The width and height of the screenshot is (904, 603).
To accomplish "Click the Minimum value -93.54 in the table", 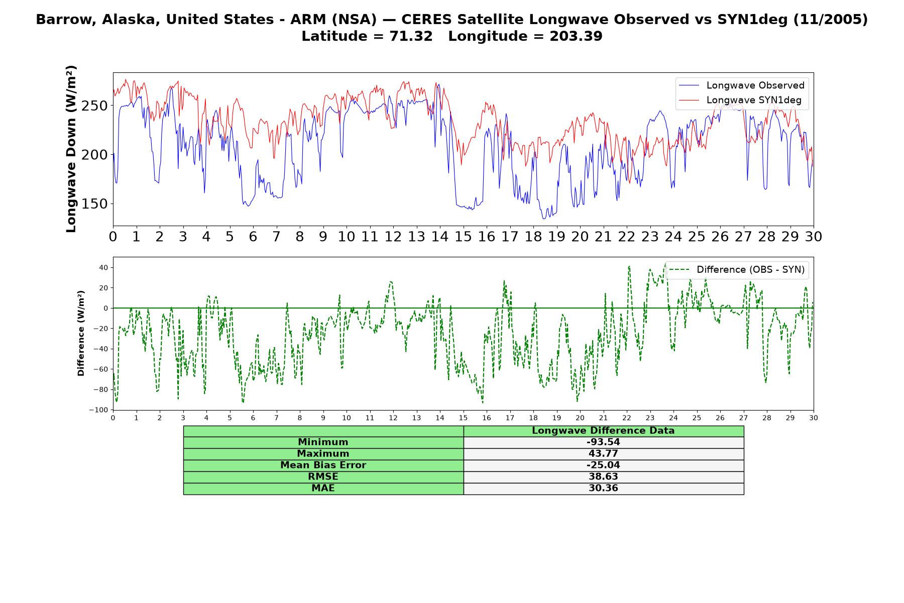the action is click(603, 442).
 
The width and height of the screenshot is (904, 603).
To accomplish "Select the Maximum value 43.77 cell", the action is click(603, 454).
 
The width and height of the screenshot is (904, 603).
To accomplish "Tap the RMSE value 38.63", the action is click(603, 476).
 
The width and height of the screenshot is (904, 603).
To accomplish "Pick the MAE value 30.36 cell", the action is click(603, 488).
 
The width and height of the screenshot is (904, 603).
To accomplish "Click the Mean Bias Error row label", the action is click(323, 465).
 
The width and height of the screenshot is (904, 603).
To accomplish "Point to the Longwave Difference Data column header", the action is click(603, 431).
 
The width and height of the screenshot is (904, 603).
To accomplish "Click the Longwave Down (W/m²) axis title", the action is click(71, 149).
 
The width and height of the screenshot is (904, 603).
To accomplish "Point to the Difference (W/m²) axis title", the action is click(81, 334).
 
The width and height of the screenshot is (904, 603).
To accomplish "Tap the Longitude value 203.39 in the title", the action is click(573, 36).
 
